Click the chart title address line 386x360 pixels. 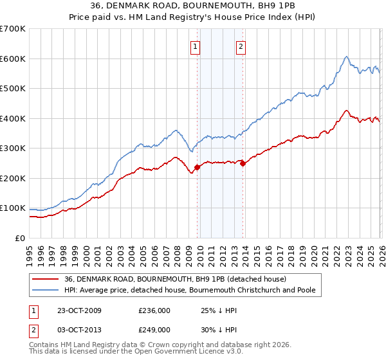(x=193, y=6)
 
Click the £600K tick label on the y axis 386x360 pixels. (x=13, y=59)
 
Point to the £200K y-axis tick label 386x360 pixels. (x=13, y=178)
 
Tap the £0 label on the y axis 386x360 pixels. (x=21, y=238)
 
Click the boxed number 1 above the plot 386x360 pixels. (x=195, y=46)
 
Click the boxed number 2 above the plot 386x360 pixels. (x=241, y=46)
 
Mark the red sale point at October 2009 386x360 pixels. (x=198, y=167)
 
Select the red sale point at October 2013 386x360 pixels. (x=243, y=163)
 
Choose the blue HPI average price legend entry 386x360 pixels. (x=190, y=290)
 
